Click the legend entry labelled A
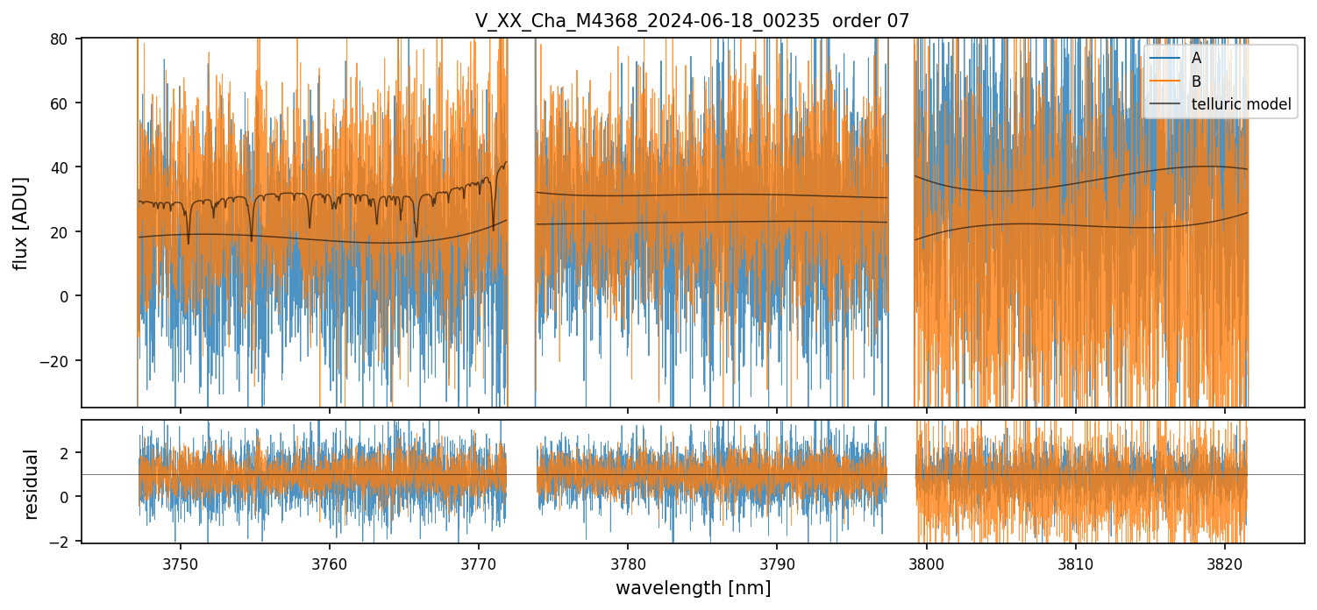1196,58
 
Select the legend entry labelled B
1196,82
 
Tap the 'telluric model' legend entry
1241,104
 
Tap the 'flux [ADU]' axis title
21,223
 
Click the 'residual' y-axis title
32,484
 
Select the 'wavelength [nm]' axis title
693,588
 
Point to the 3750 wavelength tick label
181,564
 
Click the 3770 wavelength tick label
479,564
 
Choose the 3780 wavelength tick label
628,564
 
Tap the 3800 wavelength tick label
927,564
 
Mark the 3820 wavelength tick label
1225,564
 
